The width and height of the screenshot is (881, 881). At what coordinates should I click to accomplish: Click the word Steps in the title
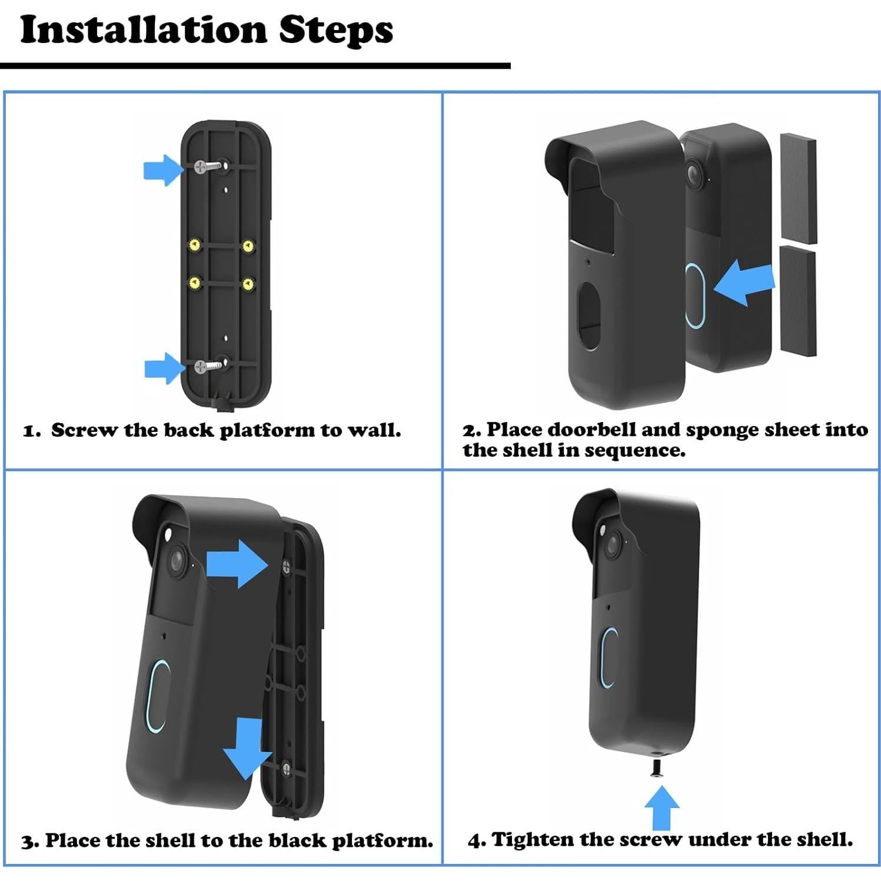pos(336,31)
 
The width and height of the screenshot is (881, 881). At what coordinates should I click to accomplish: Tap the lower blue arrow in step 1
pos(164,368)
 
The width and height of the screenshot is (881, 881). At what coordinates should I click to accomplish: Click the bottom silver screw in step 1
pos(210,365)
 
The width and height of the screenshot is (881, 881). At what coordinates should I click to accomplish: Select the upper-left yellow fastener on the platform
pos(194,244)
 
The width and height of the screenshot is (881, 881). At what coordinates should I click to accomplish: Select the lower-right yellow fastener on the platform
pos(248,284)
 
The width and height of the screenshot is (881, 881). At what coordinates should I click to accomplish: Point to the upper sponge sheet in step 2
pos(798,188)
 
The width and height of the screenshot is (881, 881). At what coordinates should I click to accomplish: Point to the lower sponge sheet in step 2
pos(798,301)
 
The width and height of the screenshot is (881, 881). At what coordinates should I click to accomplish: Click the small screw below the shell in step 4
pos(658,768)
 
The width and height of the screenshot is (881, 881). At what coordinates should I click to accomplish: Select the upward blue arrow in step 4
pos(661,807)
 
